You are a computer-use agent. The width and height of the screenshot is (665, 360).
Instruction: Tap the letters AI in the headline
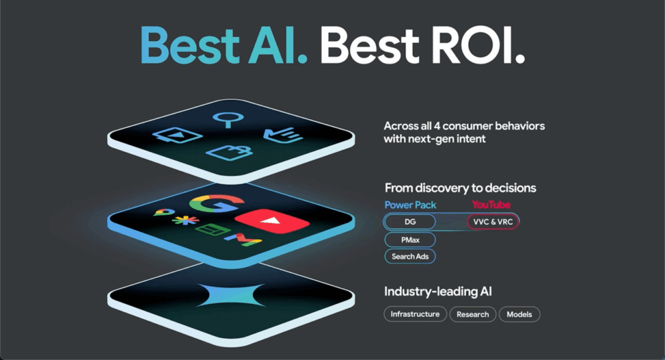[x=278, y=45]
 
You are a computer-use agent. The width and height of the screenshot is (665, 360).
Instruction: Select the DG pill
[x=410, y=222]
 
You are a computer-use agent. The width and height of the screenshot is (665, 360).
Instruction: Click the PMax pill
[x=410, y=240]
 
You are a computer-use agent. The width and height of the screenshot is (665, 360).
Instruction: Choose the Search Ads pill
[x=410, y=257]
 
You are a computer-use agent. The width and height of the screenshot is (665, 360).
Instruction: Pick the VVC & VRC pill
[x=493, y=222]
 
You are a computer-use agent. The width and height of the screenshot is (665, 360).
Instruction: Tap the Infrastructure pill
[x=415, y=314]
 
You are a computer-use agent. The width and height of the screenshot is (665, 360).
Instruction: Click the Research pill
[x=473, y=314]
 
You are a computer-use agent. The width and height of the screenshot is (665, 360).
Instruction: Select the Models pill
[x=519, y=314]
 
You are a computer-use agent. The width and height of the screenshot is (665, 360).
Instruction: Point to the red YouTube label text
[x=491, y=205]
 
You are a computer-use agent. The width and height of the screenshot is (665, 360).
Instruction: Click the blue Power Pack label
[x=410, y=205]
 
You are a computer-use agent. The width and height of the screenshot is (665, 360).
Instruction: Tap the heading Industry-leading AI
[x=438, y=292]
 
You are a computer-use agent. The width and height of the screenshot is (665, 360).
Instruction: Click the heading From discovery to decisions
[x=460, y=188]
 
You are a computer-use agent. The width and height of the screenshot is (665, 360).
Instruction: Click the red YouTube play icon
[x=272, y=221]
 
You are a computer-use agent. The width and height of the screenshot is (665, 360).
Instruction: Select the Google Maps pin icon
[x=164, y=212]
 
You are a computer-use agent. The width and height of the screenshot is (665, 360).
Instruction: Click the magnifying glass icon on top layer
[x=228, y=120]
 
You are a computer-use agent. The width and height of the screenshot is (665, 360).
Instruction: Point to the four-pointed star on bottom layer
[x=231, y=294]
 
